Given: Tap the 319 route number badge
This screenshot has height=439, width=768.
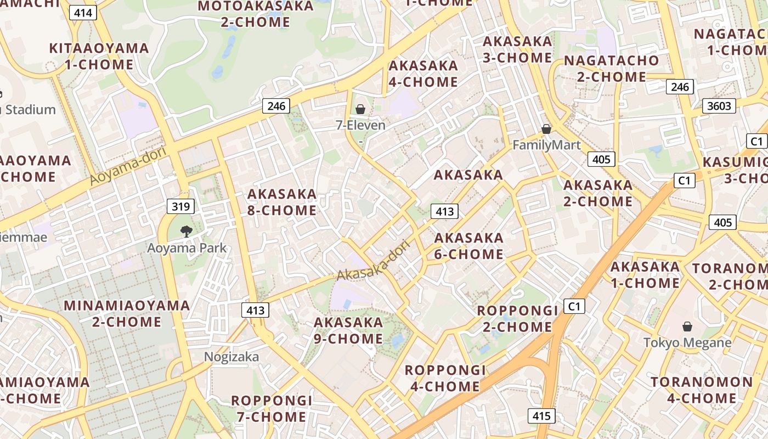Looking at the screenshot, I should click(x=180, y=206).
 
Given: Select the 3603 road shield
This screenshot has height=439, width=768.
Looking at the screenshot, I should click(x=719, y=106).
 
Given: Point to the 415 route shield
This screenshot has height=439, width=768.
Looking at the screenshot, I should click(x=541, y=416).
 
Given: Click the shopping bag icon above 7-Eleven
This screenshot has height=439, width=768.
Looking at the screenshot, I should click(x=360, y=109).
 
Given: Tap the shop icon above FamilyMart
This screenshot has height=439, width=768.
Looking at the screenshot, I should click(x=546, y=129).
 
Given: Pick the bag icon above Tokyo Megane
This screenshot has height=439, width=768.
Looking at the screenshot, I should click(x=687, y=327).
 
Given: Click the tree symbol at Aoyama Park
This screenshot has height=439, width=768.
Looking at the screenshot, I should click(x=187, y=231).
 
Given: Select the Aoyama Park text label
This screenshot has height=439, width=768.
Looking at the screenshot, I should click(x=187, y=248).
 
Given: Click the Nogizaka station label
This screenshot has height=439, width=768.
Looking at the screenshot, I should click(x=231, y=357).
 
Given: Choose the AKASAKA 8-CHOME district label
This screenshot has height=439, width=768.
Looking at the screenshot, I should click(x=282, y=202).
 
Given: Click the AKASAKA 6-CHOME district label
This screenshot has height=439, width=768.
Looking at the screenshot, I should click(x=469, y=246).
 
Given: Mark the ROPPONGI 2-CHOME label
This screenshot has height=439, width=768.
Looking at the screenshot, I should click(x=517, y=319).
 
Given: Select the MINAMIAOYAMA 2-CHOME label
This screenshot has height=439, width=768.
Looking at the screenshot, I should click(x=127, y=313).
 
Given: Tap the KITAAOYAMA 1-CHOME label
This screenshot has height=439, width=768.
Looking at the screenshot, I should click(x=99, y=56).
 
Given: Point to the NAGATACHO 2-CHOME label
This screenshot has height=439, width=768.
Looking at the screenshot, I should click(x=612, y=69).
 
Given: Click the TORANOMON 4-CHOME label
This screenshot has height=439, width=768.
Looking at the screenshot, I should click(x=702, y=390).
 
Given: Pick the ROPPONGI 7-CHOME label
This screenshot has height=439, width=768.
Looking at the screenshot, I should click(x=272, y=408).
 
